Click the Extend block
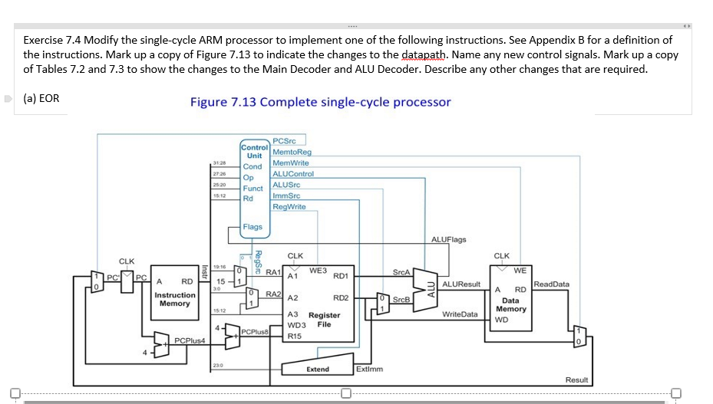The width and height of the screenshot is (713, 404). point(317,368)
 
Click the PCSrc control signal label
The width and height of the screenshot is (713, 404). point(284,141)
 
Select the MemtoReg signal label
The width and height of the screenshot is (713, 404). point(292,153)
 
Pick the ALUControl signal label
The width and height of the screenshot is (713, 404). point(292,174)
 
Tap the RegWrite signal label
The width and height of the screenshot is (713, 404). point(289,206)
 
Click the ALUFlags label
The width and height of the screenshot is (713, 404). point(448,239)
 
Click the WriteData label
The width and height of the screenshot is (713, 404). point(460,314)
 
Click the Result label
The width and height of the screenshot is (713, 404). point(576,380)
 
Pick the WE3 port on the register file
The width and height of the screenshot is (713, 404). point(318,270)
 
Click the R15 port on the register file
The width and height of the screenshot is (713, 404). point(295,335)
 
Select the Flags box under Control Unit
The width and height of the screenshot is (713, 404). point(252,226)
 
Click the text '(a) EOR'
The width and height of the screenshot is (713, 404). point(41,98)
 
